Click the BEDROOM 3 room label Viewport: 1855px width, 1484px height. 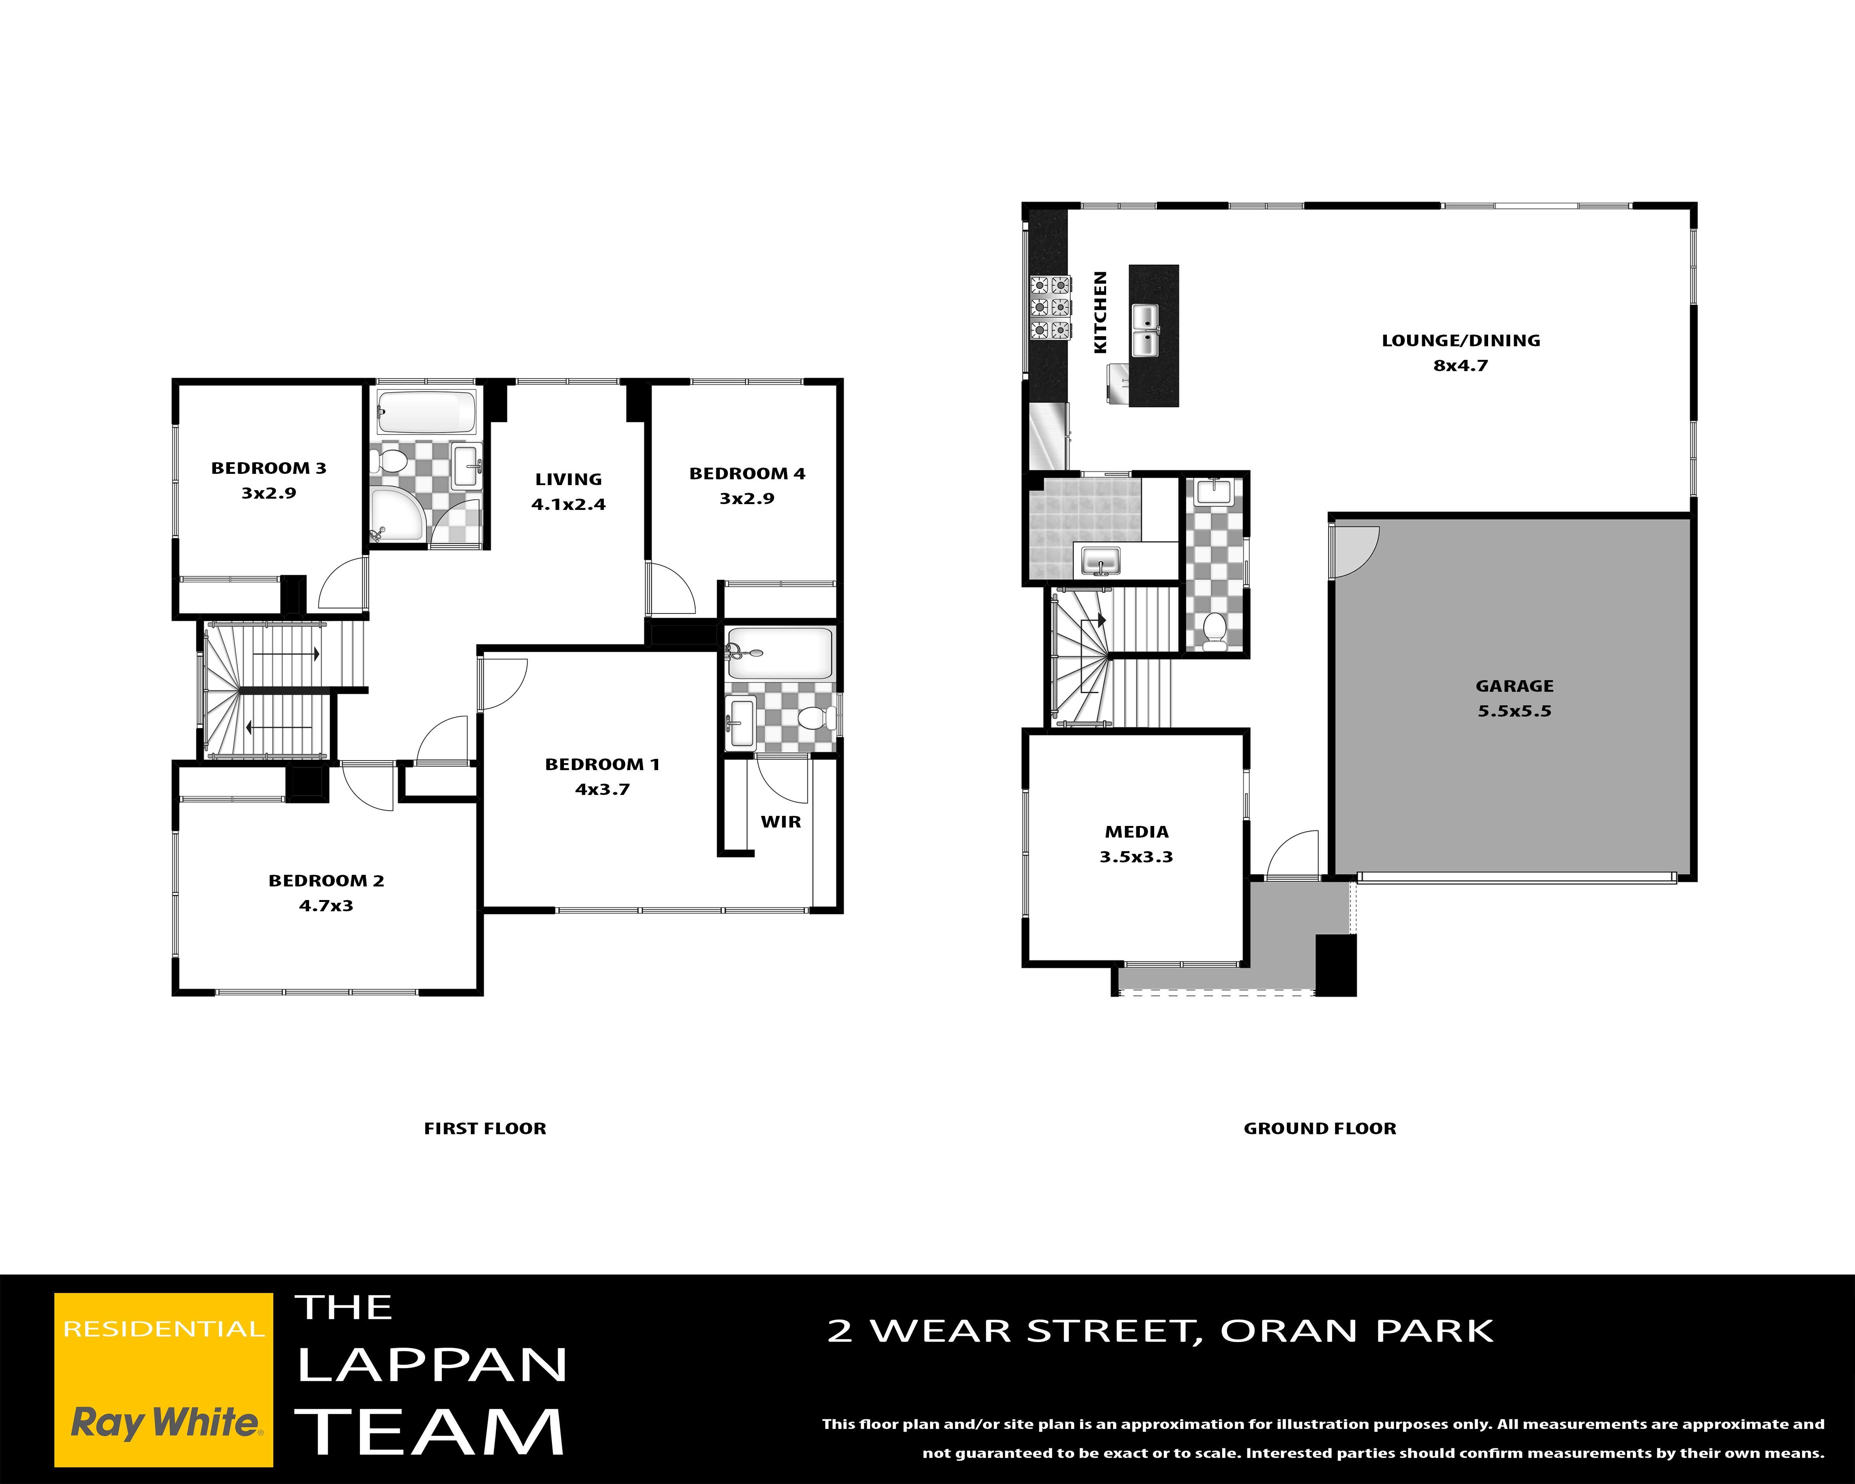[268, 468]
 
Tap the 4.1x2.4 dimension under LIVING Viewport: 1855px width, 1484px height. [569, 504]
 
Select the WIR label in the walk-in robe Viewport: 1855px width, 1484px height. [780, 822]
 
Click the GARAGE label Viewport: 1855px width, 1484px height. [1514, 686]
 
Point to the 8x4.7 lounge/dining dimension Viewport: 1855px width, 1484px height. [1460, 365]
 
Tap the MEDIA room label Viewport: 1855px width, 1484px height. [1137, 832]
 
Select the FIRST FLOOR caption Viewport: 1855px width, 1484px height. [485, 1128]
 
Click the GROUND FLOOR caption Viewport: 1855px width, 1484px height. [1320, 1128]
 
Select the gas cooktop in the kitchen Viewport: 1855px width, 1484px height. [1051, 307]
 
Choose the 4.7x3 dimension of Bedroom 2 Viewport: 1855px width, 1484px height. [326, 905]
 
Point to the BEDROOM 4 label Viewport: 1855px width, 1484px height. [747, 473]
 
